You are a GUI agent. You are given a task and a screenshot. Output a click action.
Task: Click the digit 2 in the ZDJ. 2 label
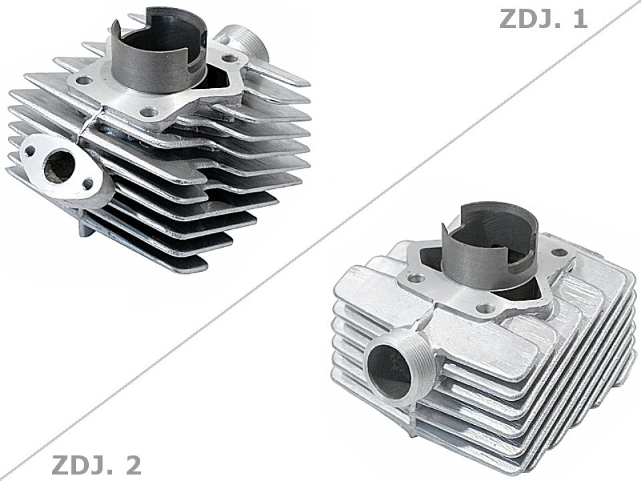click(131, 464)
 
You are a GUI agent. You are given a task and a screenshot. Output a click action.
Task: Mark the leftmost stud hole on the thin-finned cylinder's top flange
click(84, 81)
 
